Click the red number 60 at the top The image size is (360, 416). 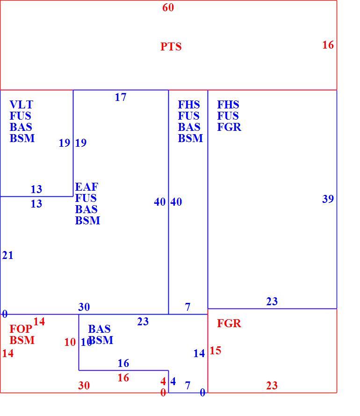tap(168, 7)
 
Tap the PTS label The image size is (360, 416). tap(171, 47)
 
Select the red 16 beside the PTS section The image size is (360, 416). tap(328, 45)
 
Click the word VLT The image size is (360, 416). tap(21, 105)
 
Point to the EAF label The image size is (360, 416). tap(86, 187)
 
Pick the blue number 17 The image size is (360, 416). tap(121, 97)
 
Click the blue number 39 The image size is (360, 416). tap(328, 199)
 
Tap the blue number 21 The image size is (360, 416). tap(7, 255)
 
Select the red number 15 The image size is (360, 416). tap(215, 351)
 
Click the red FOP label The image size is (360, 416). tap(21, 329)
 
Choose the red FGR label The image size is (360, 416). tap(229, 323)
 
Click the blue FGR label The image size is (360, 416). tap(229, 127)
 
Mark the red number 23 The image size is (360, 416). tap(272, 386)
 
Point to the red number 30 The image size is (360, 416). tap(84, 386)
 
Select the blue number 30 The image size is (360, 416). tap(84, 307)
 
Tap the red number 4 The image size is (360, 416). tap(163, 381)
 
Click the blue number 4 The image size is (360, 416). tap(173, 381)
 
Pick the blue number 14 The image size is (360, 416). tap(199, 353)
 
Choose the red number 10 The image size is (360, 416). tap(70, 342)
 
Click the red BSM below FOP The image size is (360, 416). tap(22, 340)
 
